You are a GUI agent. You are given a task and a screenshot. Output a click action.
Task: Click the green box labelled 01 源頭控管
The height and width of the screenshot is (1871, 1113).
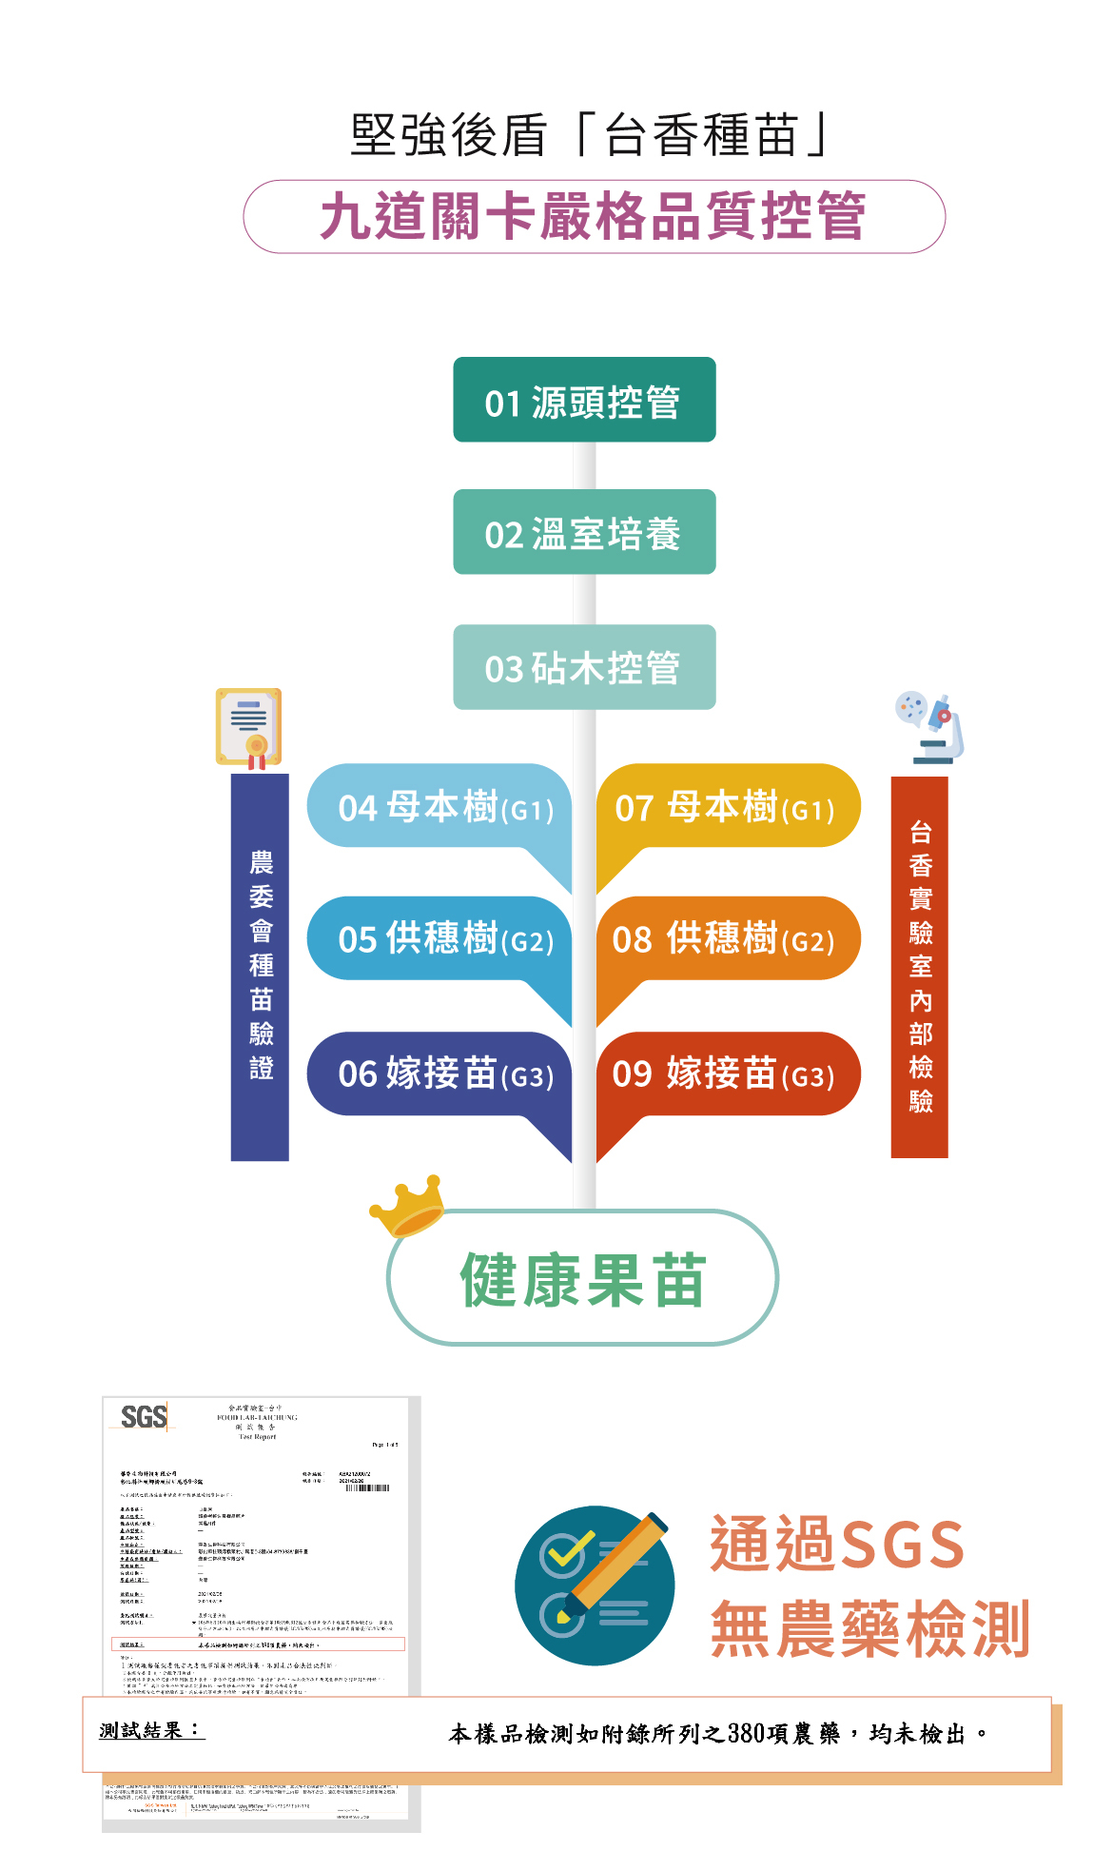click(584, 400)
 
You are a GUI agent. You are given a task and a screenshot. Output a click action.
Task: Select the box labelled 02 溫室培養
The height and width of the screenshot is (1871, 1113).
click(584, 532)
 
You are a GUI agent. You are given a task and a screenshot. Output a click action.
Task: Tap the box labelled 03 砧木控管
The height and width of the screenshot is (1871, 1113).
click(584, 667)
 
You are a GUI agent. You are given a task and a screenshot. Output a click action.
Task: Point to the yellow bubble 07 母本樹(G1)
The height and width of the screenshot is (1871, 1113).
click(728, 806)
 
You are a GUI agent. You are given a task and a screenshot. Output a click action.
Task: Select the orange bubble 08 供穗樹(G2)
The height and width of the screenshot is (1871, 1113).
click(728, 938)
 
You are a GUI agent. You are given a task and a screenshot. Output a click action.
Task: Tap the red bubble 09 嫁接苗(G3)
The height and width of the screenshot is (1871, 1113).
click(728, 1073)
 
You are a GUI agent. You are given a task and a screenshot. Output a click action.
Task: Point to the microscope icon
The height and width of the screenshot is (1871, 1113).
click(930, 728)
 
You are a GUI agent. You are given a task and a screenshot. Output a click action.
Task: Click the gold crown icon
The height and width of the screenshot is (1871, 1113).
click(408, 1205)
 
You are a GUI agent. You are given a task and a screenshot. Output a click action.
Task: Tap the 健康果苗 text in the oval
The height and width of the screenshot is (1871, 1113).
click(583, 1279)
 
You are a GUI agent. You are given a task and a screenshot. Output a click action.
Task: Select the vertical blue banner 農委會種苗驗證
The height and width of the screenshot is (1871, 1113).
click(260, 967)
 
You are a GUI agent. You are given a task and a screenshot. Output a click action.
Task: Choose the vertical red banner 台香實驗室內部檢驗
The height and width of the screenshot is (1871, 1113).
click(920, 967)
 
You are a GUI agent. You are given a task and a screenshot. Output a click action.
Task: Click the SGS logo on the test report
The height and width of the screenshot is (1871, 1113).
click(145, 1417)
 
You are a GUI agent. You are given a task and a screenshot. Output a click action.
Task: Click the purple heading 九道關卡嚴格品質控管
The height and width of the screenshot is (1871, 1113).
click(594, 217)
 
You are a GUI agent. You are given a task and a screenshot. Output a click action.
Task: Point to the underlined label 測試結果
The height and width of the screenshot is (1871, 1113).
click(151, 1730)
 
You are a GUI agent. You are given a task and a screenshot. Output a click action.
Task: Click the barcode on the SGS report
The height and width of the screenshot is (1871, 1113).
click(367, 1487)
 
